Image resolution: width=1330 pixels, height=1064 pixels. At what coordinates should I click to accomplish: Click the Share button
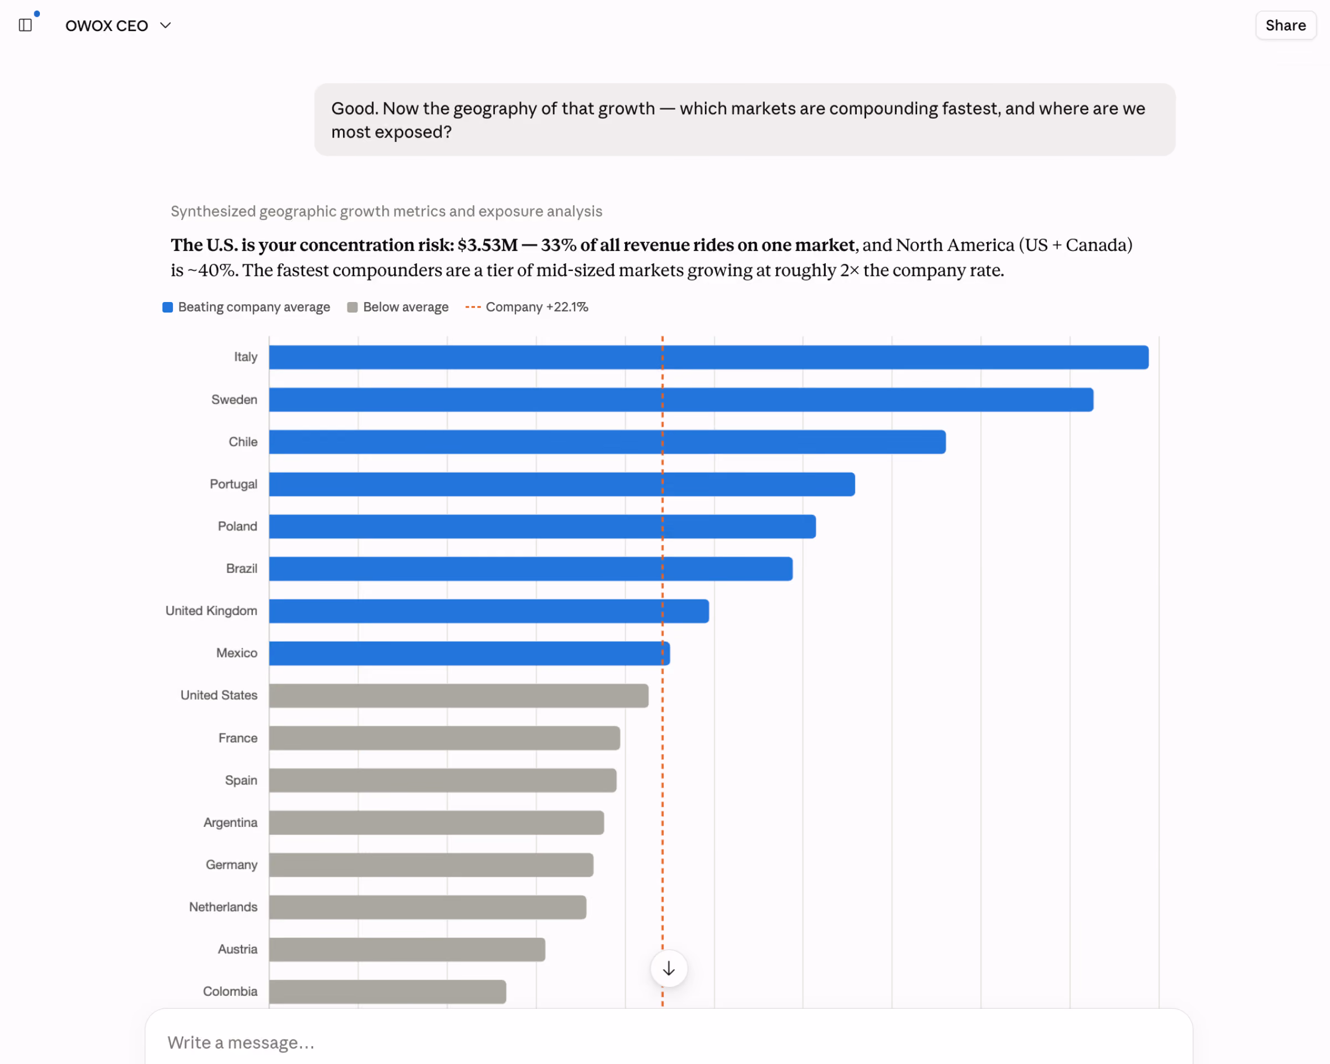click(x=1286, y=25)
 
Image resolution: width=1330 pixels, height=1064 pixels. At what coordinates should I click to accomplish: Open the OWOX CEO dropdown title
click(x=118, y=25)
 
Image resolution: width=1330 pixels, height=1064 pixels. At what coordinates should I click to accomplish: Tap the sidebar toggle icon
click(x=25, y=25)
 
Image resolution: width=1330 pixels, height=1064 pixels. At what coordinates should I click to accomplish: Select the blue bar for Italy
click(x=709, y=357)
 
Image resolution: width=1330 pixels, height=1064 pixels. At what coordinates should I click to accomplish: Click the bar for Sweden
click(x=681, y=400)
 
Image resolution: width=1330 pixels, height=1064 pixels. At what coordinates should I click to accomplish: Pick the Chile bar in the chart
click(x=607, y=442)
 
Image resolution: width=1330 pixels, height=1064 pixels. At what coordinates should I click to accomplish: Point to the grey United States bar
click(x=458, y=695)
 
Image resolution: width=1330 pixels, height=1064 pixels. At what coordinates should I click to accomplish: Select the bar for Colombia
click(x=387, y=991)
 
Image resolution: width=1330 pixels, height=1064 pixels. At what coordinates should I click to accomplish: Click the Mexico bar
click(x=469, y=653)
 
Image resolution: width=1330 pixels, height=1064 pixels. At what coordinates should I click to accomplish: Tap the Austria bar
click(x=407, y=949)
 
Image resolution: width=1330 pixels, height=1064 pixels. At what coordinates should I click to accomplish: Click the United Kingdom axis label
click(x=211, y=611)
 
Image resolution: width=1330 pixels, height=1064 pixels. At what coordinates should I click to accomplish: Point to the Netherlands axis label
click(x=223, y=907)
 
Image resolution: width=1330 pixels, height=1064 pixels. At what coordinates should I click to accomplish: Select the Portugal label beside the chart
click(x=233, y=484)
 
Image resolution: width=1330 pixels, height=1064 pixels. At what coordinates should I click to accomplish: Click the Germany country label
click(x=231, y=864)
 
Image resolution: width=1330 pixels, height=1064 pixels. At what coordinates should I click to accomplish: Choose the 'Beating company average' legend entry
click(x=246, y=307)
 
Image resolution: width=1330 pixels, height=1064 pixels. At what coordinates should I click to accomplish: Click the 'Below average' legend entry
click(x=398, y=307)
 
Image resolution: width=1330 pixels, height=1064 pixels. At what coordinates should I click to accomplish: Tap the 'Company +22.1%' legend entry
click(x=527, y=307)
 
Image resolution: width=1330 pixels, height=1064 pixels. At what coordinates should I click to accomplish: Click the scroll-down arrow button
click(x=669, y=968)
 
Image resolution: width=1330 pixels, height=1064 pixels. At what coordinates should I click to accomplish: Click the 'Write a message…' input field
click(x=669, y=1042)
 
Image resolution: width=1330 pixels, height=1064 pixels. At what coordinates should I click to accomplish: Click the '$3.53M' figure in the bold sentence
click(x=487, y=245)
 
